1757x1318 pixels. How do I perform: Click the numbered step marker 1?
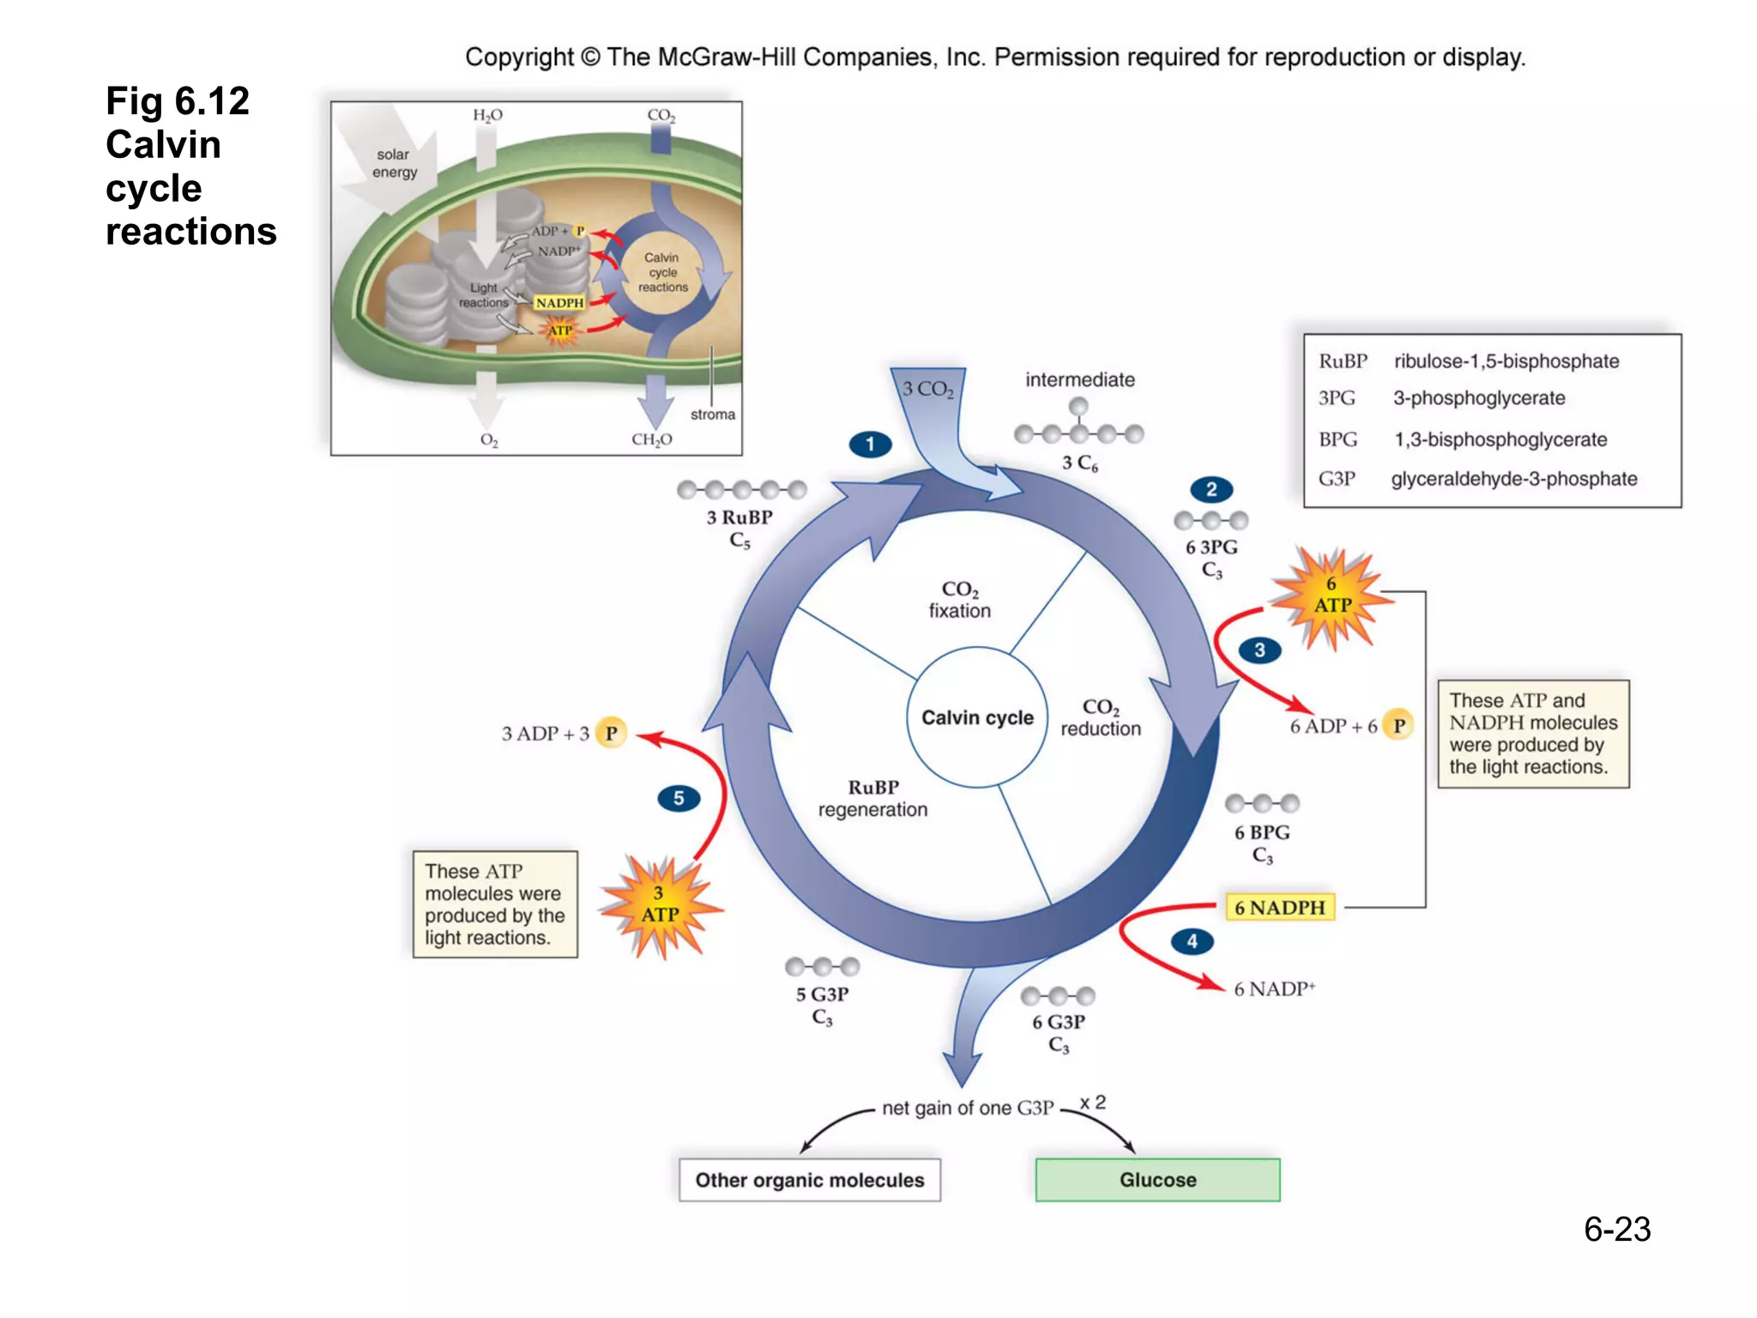coord(870,444)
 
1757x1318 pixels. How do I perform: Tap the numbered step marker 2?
coord(1211,490)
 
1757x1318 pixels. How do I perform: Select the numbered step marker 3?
coord(1259,650)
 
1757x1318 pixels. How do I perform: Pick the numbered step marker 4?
coord(1192,942)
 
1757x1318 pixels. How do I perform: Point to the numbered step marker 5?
coord(679,799)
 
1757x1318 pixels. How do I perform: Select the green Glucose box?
coord(1157,1180)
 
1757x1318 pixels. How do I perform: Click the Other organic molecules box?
coord(809,1180)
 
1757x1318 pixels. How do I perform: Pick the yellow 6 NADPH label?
coord(1279,907)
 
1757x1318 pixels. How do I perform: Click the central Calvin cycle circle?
coord(977,717)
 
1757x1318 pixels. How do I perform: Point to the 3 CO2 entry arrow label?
coord(928,390)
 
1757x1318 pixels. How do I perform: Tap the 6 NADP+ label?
coord(1274,989)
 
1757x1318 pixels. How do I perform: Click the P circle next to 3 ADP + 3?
coord(611,734)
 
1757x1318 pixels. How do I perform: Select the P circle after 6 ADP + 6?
coord(1398,726)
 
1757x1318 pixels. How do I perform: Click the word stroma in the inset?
coord(712,414)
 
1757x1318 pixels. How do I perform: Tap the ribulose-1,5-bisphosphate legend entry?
coord(1506,361)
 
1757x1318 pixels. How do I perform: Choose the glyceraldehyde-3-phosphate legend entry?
coord(1513,479)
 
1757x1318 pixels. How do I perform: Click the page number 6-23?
coord(1616,1230)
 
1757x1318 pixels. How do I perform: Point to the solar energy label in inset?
coord(394,163)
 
